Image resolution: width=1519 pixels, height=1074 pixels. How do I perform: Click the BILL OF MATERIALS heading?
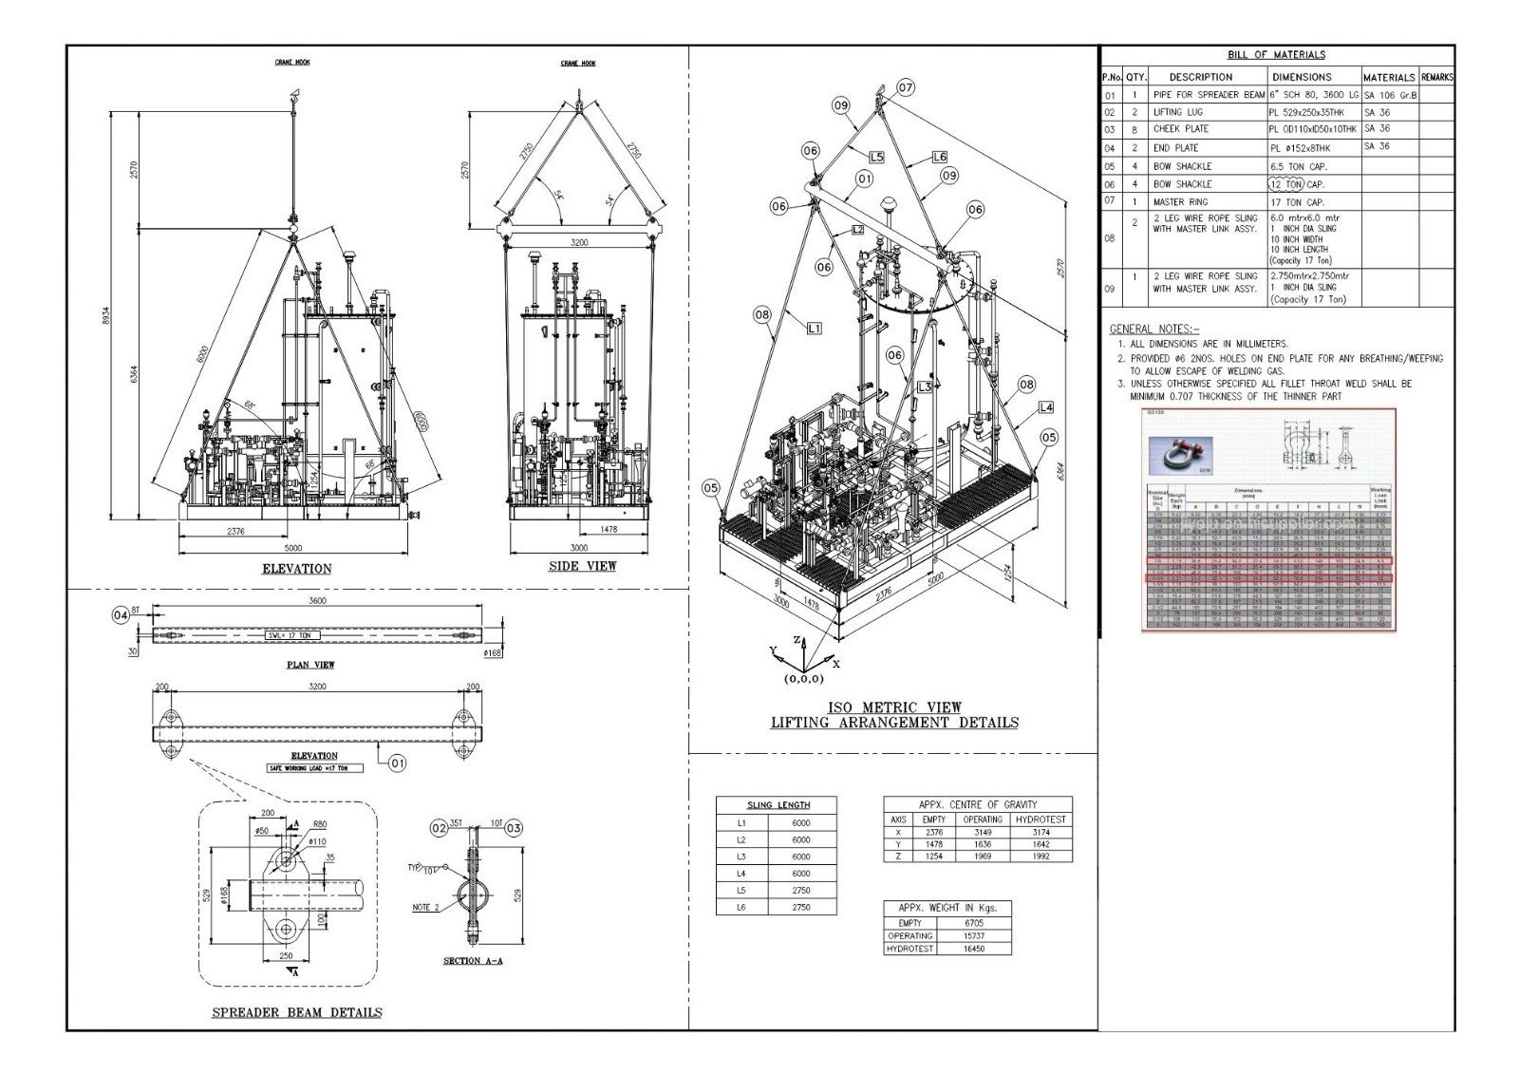[1276, 55]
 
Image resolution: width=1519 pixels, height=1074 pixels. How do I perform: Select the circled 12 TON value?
[1287, 184]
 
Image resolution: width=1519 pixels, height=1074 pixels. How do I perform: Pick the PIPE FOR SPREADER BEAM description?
[1209, 95]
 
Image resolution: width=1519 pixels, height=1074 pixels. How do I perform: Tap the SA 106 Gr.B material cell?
[1390, 95]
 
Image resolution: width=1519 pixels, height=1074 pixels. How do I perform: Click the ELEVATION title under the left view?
[296, 569]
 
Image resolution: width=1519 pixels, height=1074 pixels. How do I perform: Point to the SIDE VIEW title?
[582, 566]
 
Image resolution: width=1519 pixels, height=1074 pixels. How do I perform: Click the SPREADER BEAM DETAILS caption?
[296, 1012]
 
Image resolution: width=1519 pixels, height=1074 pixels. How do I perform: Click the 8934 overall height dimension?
[105, 314]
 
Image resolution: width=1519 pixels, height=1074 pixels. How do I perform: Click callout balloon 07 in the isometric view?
[906, 87]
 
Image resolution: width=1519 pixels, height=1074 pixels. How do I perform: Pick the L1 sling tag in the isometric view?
[814, 328]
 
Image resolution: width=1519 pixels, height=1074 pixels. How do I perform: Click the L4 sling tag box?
[1045, 407]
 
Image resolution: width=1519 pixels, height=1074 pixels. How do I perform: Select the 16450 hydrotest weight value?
[973, 949]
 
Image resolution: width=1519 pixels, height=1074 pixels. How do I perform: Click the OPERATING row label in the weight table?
[910, 935]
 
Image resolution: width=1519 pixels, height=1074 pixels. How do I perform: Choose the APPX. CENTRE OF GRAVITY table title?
[977, 804]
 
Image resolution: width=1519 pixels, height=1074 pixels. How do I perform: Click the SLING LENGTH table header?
[778, 805]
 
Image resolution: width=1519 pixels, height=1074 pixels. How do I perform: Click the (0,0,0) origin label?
[803, 679]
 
